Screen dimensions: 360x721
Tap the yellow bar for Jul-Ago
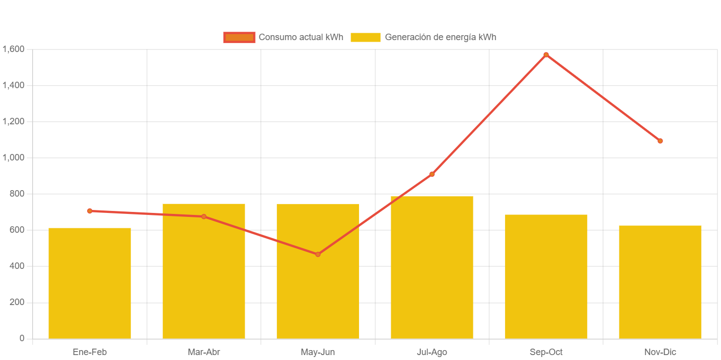tap(432, 267)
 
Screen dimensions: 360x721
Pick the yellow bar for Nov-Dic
tap(660, 282)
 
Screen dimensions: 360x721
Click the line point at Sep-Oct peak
tap(546, 55)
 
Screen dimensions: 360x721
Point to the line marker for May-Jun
tap(318, 255)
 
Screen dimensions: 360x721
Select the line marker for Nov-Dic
tap(660, 141)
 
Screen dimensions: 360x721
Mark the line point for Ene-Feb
tap(90, 211)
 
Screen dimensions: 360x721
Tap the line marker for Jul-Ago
tap(432, 174)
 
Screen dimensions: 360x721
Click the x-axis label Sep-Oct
tap(546, 353)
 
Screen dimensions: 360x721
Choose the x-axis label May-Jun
tap(318, 353)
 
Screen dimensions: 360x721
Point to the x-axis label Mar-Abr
tap(204, 353)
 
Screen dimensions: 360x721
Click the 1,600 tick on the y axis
tap(13, 49)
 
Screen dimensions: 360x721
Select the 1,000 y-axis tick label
tap(13, 157)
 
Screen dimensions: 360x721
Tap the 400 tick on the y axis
tap(17, 266)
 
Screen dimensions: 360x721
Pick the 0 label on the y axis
tap(22, 338)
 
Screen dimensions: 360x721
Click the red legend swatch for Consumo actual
tap(239, 37)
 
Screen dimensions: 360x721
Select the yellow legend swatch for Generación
tap(365, 37)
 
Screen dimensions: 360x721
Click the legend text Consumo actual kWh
tap(301, 37)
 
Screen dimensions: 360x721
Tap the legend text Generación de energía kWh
tap(440, 37)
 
